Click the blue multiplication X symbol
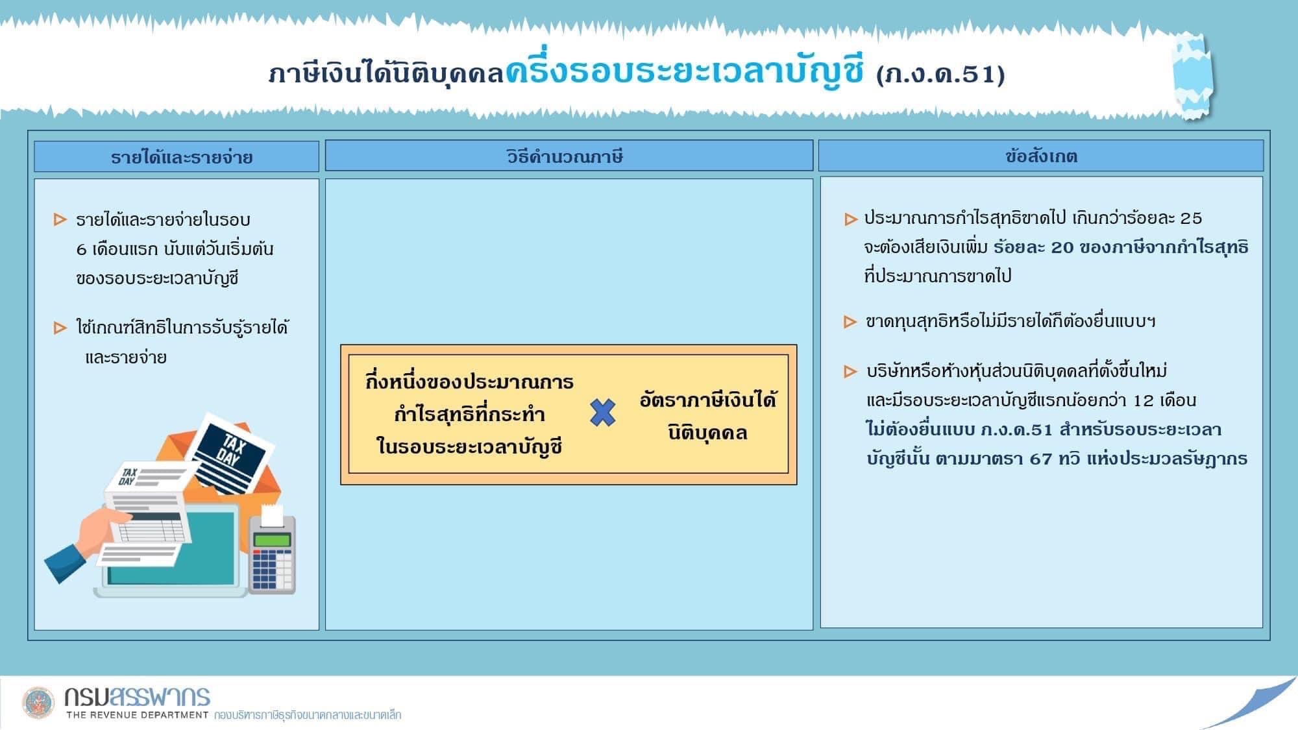coord(603,413)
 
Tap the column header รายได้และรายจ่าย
coord(182,157)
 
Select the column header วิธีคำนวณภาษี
coord(565,156)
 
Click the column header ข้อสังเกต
coord(1041,156)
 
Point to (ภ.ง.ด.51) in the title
coord(940,74)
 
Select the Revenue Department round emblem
coord(39,703)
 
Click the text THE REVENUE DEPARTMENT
coord(137,715)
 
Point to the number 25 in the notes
coord(1191,218)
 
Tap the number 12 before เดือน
coord(1144,400)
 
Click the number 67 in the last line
coord(1040,459)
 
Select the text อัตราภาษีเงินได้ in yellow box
coord(707,400)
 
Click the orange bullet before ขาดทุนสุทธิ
coord(850,321)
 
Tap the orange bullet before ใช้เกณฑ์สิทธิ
coord(60,328)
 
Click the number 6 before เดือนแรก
coord(81,249)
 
